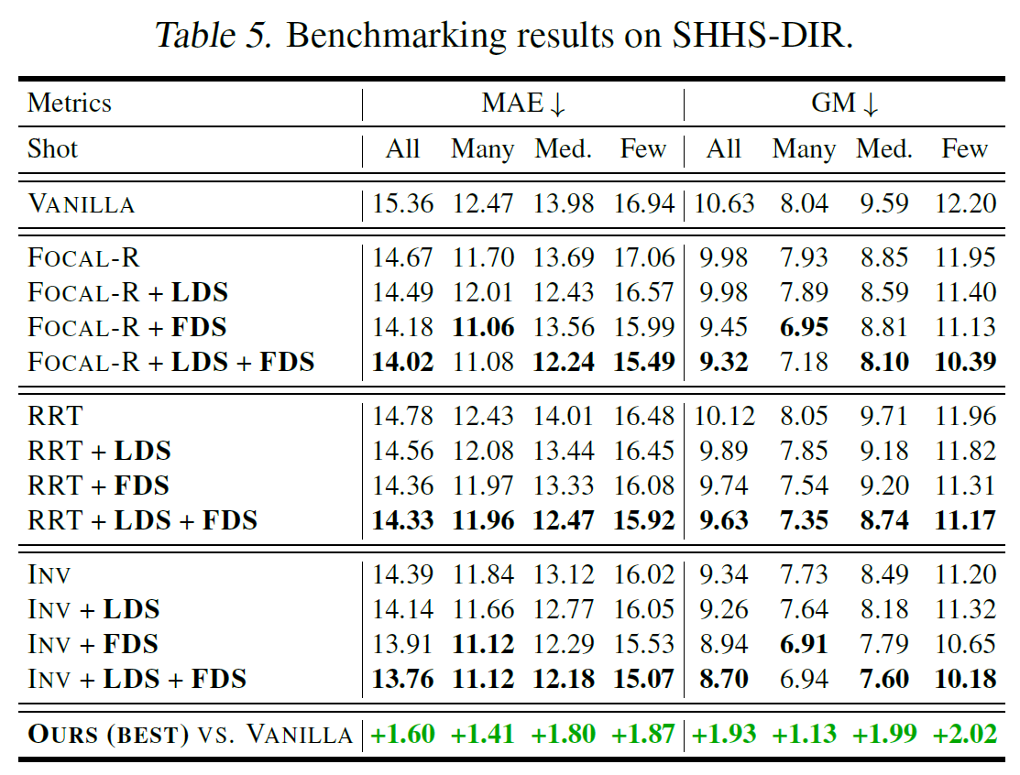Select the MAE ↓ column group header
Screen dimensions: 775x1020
click(523, 103)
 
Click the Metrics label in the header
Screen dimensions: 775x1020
click(70, 103)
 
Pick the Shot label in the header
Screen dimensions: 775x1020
click(53, 148)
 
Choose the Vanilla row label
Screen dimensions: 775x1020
click(82, 203)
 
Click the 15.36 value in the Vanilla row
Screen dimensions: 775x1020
click(402, 203)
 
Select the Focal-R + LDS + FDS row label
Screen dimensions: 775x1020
click(171, 362)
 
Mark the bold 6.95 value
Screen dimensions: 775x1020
click(804, 327)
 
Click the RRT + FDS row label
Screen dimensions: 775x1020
click(99, 486)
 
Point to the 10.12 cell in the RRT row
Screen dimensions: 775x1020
click(724, 417)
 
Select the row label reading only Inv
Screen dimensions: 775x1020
click(49, 574)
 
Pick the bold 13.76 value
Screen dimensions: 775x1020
click(402, 679)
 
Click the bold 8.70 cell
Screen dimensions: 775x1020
click(724, 679)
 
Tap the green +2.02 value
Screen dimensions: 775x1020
click(964, 734)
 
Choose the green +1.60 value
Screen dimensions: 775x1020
click(402, 734)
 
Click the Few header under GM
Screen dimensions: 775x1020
click(964, 148)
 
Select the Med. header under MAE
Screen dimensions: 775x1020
click(563, 148)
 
